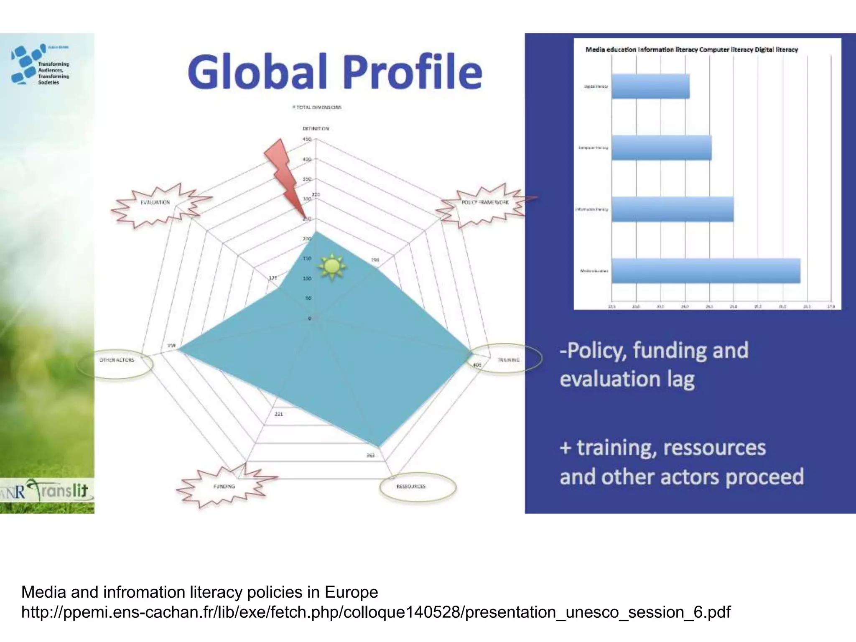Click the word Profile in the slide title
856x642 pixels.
coord(413,72)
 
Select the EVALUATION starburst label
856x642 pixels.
coord(155,203)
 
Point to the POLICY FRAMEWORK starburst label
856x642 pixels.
coord(485,203)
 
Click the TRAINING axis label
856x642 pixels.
coord(508,359)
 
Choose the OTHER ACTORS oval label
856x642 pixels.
coord(117,360)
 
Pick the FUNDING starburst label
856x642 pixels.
coord(224,487)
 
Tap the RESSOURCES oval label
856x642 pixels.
coord(411,487)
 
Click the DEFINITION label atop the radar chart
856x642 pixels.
coord(316,129)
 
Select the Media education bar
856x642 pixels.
coord(706,271)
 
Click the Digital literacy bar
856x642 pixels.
coord(650,87)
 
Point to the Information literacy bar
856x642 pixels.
coord(673,209)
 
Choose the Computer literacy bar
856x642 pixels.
coord(662,148)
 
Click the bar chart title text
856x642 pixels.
coord(692,50)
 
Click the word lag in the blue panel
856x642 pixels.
coord(680,379)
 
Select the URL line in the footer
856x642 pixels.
coord(376,612)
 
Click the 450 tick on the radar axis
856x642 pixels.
coord(307,139)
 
